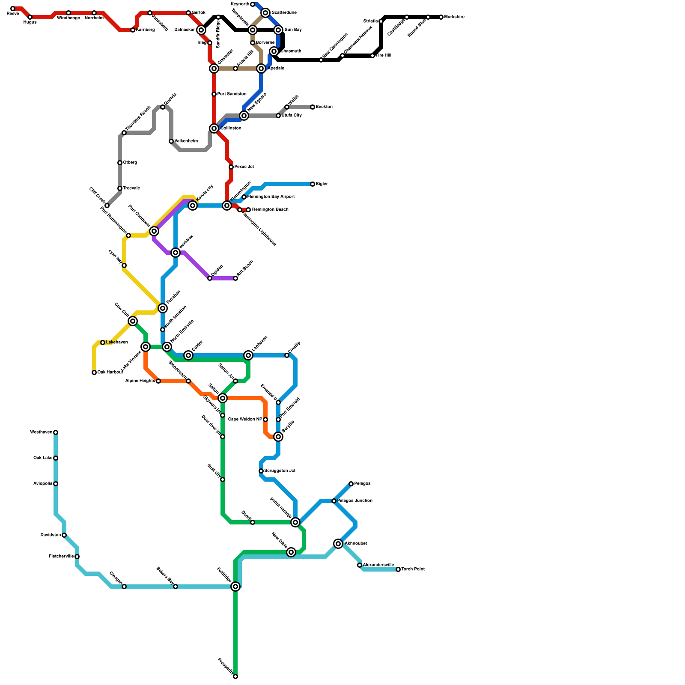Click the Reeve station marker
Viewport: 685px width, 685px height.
[x=13, y=9]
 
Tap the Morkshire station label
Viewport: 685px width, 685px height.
[x=454, y=17]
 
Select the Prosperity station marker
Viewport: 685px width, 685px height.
[x=235, y=676]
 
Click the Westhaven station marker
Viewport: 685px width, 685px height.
[x=56, y=432]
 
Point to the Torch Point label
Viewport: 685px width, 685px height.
[x=413, y=569]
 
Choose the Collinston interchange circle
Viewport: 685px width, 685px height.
[x=214, y=128]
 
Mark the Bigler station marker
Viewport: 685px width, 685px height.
[x=313, y=184]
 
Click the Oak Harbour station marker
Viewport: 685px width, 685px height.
[x=94, y=372]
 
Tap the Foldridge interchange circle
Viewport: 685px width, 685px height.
[x=235, y=587]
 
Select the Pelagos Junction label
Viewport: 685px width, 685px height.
[x=354, y=501]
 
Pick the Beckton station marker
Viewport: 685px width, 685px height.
[x=313, y=107]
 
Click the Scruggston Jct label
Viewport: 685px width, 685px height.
[x=280, y=471]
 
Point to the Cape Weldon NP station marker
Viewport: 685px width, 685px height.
[x=265, y=420]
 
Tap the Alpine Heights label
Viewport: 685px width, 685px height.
[x=140, y=381]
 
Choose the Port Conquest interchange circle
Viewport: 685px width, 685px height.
[x=154, y=231]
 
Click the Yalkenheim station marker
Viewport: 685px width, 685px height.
[x=171, y=141]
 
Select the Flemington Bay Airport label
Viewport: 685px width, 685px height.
[x=271, y=197]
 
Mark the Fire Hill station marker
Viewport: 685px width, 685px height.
[x=372, y=56]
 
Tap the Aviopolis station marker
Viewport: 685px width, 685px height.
[x=56, y=484]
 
